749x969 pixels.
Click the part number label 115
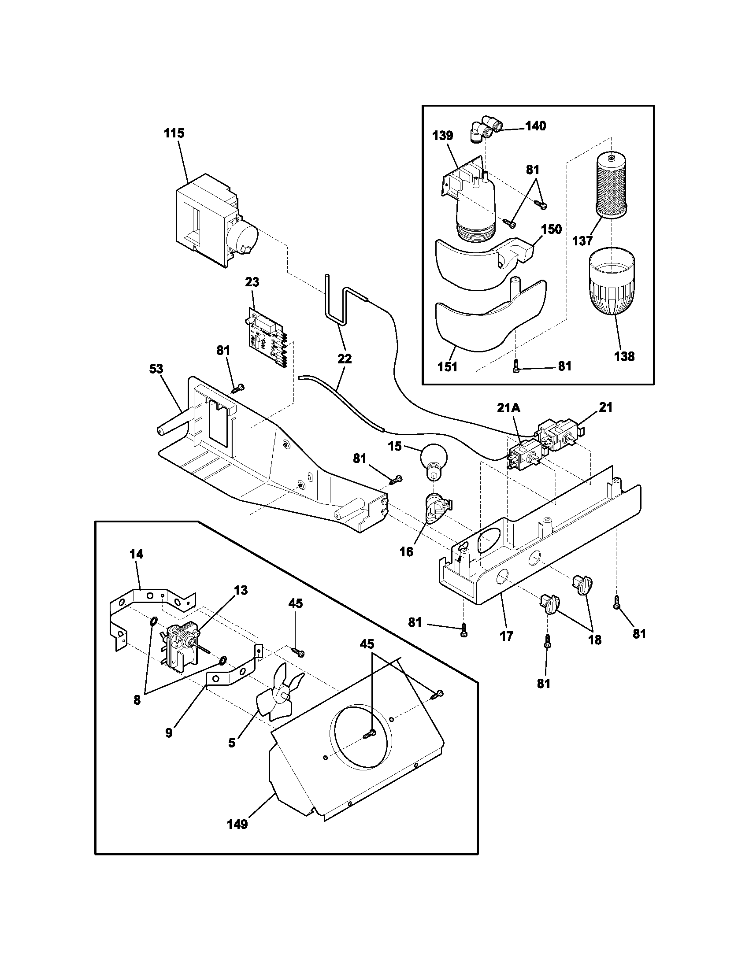(174, 133)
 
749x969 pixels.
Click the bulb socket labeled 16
(438, 507)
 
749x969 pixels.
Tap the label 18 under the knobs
(595, 640)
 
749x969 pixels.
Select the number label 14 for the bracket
(137, 554)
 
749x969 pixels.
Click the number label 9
(169, 732)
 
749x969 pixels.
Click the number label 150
(551, 229)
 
